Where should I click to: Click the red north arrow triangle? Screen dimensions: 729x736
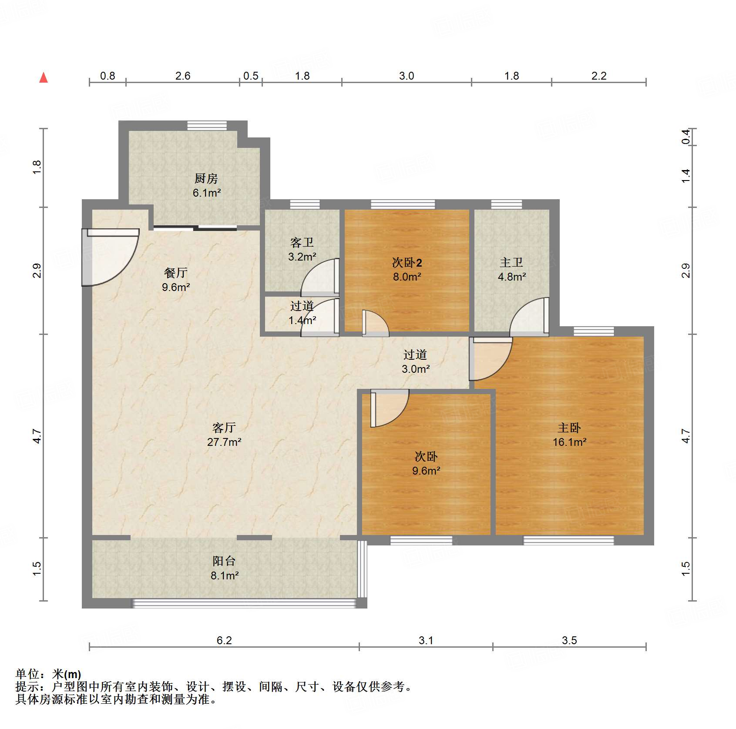[44, 78]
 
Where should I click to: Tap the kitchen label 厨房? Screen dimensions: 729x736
[206, 178]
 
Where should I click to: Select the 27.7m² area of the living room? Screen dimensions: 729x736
[224, 442]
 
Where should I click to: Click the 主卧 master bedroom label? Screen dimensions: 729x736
[569, 428]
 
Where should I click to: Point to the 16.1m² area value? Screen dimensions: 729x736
[569, 442]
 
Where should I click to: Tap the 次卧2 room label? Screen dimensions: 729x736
[407, 263]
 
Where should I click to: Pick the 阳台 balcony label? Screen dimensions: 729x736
[224, 561]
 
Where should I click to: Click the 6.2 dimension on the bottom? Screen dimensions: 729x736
[224, 640]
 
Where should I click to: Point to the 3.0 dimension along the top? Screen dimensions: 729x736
[407, 76]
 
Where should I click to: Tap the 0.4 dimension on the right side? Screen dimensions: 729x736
[686, 137]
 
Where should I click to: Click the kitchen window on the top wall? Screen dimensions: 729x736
[207, 126]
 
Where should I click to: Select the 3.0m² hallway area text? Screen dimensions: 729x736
[416, 369]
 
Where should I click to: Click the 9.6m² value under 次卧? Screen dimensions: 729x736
[426, 471]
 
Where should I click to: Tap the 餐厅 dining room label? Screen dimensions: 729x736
[176, 273]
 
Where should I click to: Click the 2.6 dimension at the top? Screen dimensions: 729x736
[183, 76]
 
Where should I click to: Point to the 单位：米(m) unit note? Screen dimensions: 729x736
[48, 674]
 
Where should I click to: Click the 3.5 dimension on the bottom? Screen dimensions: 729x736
[569, 640]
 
